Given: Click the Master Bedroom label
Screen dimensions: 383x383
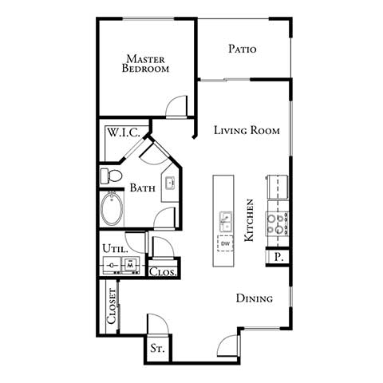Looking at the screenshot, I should pos(146,63).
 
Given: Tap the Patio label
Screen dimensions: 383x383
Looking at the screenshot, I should pos(242,49).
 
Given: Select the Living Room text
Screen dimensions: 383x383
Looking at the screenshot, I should pos(247,130).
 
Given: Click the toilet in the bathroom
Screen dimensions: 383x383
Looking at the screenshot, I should pos(110,175).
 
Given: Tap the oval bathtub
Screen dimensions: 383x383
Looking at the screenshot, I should pos(113,211).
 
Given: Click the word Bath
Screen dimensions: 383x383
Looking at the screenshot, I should pos(143,188).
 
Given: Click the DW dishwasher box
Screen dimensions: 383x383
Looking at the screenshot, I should pos(226,243).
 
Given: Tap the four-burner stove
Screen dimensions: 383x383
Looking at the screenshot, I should pos(278,221).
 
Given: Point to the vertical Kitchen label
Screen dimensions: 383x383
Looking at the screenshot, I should pos(250,221).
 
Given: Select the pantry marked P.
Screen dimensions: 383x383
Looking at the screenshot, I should pos(278,256).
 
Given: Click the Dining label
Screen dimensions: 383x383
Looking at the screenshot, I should pos(255,298).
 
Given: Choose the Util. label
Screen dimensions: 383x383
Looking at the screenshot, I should pos(113,249).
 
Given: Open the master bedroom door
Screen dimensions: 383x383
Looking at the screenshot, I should pos(176,106).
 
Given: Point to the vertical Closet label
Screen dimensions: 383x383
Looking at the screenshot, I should pos(112,305).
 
